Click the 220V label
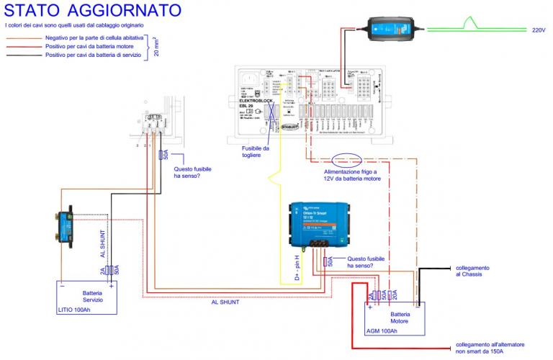click(539, 31)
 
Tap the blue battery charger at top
click(393, 27)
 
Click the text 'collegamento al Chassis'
click(475, 271)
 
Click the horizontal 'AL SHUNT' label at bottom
click(225, 302)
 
